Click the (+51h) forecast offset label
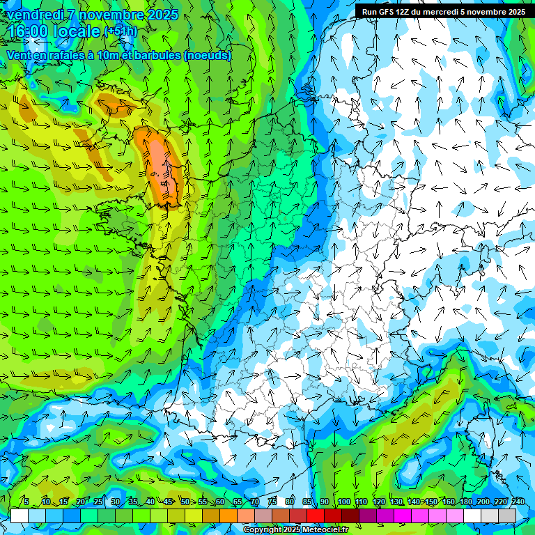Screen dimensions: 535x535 click(x=121, y=31)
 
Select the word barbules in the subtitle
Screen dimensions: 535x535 click(x=158, y=56)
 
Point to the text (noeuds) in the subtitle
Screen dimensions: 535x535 click(x=208, y=56)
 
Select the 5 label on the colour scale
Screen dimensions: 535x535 click(x=26, y=502)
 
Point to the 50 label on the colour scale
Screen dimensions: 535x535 click(x=185, y=502)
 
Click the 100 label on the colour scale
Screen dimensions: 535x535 click(x=344, y=502)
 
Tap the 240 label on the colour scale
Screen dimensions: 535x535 click(x=518, y=502)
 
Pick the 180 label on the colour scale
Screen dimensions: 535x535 click(x=465, y=502)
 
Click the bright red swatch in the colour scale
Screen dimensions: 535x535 click(x=316, y=515)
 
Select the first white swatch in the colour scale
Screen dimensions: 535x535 click(x=20, y=515)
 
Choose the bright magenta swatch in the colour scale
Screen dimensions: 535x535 click(x=403, y=515)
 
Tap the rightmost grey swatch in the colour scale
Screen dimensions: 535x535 click(x=507, y=515)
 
